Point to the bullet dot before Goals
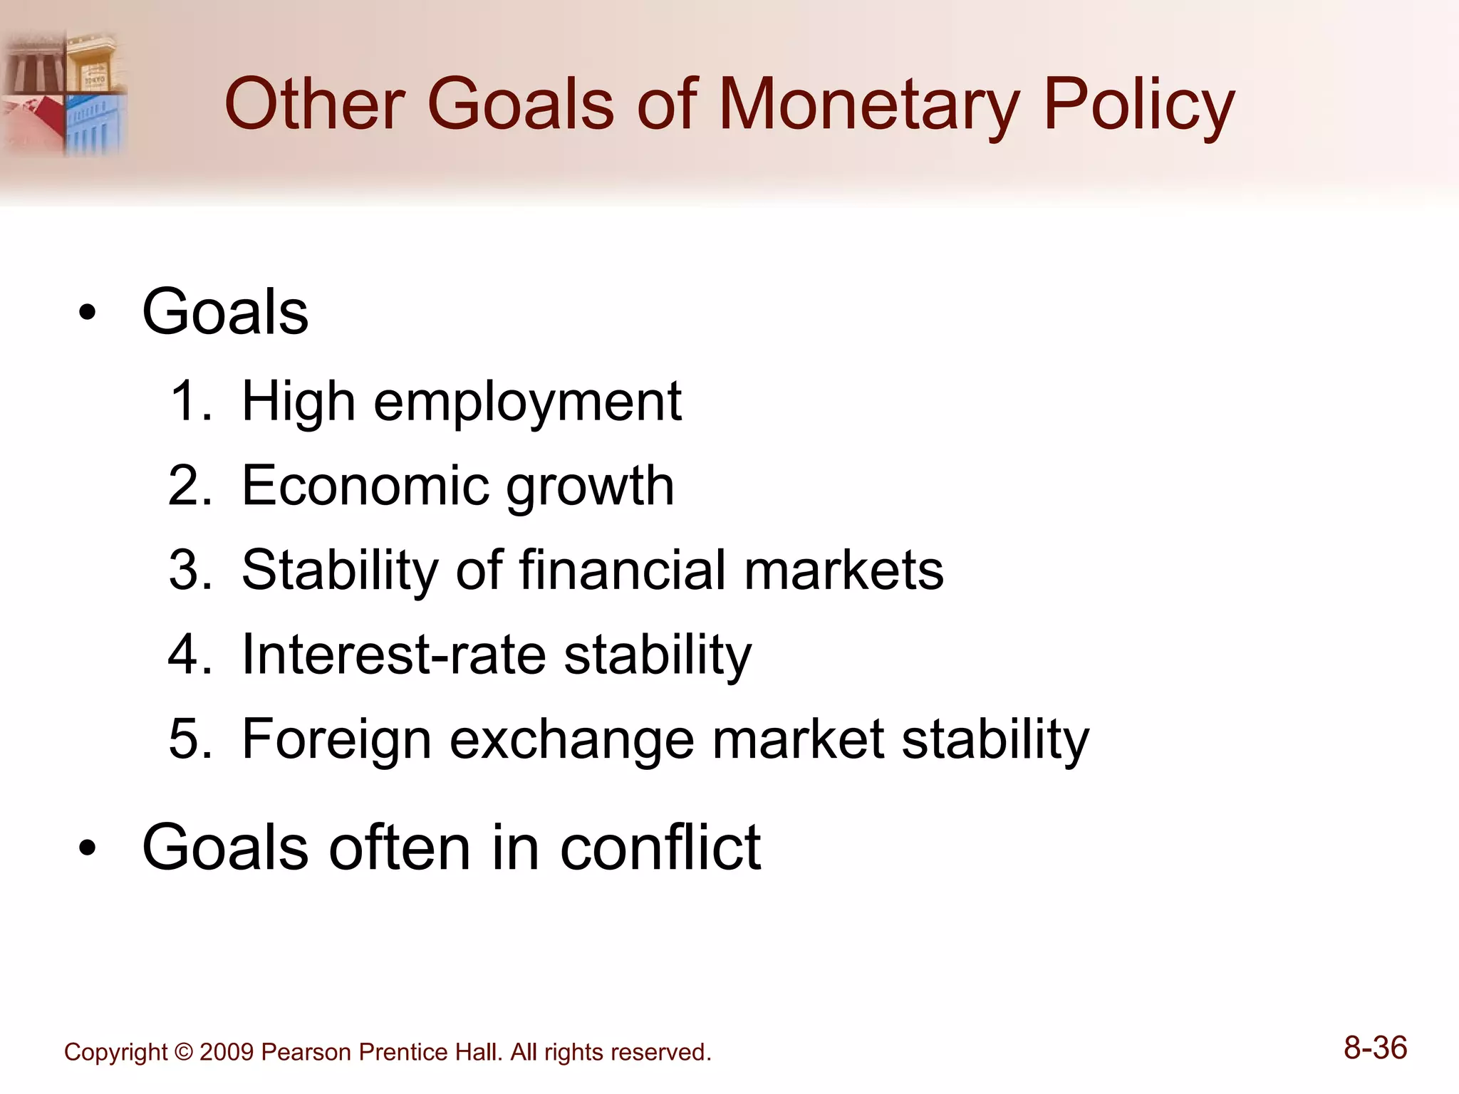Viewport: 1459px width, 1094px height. tap(87, 313)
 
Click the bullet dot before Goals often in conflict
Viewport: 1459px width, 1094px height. tap(87, 848)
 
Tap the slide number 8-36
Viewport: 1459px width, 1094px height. tap(1375, 1048)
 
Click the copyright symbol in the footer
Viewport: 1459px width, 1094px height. tap(183, 1052)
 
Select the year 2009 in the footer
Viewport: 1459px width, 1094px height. tap(226, 1052)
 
